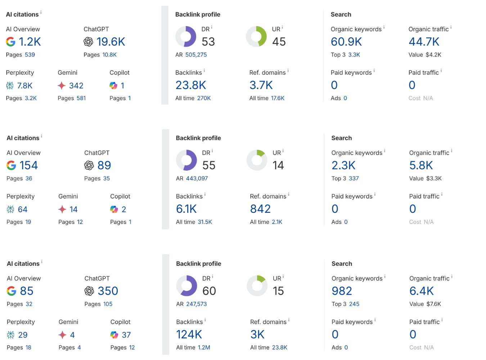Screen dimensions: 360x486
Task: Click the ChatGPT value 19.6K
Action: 111,42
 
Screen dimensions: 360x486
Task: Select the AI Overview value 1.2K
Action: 30,42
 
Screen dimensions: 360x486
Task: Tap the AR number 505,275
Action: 196,55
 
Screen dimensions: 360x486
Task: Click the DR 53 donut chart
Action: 186,37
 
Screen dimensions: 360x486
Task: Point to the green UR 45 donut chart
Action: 256,37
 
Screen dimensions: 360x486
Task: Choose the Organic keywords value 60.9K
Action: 346,42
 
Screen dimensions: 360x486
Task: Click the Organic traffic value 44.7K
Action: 424,42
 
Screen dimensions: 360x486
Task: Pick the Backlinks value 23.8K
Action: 190,85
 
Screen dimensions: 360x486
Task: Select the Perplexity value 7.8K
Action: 25,86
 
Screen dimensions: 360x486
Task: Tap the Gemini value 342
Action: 76,86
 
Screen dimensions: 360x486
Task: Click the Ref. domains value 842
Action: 260,209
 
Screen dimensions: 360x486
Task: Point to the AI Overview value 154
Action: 28,165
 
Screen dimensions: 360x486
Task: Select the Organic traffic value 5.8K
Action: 421,165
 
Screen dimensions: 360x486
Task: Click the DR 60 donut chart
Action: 186,286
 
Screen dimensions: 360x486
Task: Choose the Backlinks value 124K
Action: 189,334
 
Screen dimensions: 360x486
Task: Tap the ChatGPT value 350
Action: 108,291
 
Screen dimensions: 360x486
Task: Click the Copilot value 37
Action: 126,335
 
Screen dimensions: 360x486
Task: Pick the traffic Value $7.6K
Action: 433,304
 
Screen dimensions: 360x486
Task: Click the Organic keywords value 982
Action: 342,291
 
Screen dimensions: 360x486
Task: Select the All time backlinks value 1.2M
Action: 204,347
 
